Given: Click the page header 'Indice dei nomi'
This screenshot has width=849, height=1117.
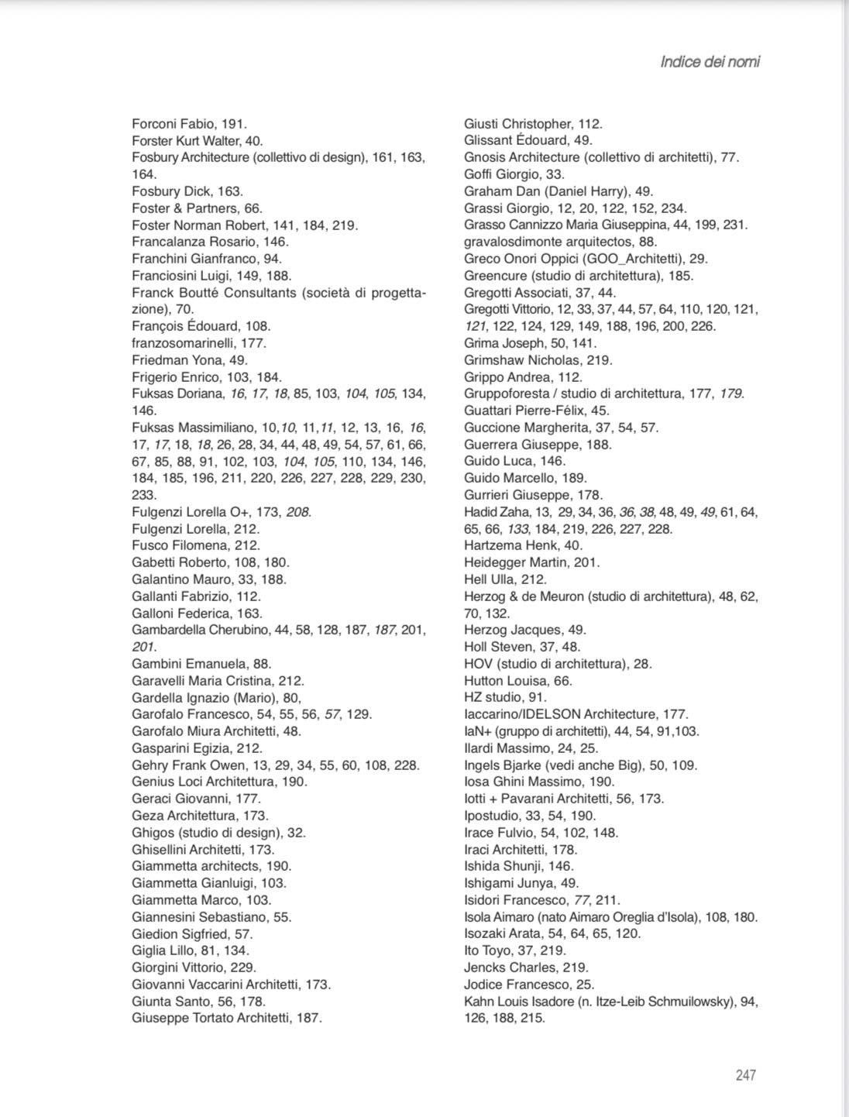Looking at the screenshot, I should pos(710,62).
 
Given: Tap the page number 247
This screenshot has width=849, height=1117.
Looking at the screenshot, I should pos(745,1074).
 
